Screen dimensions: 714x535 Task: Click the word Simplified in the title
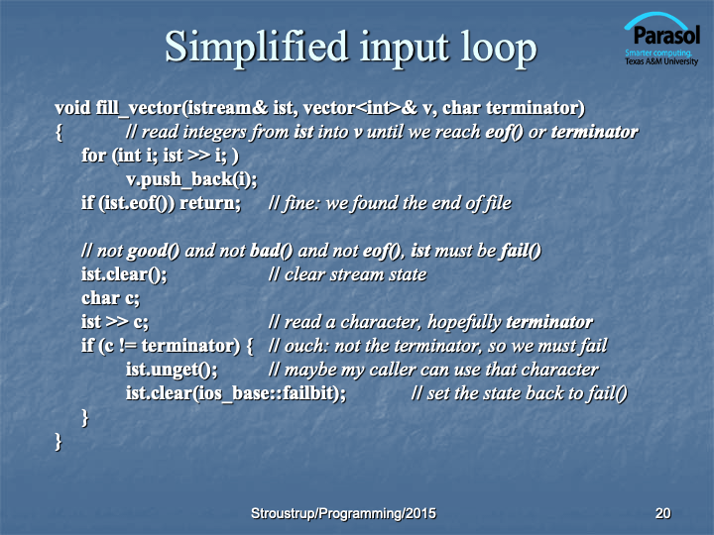(x=256, y=47)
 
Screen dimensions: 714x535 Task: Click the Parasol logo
(x=661, y=39)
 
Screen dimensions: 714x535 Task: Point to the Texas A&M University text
(x=661, y=61)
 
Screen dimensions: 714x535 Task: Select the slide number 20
(x=662, y=513)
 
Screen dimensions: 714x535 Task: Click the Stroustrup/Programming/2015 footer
(x=343, y=513)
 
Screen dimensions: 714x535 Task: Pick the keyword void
(x=72, y=108)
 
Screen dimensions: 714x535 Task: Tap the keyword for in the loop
(x=94, y=156)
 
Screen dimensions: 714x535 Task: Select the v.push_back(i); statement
(x=191, y=179)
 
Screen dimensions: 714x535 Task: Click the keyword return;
(x=210, y=203)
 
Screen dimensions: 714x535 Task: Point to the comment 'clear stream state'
(x=356, y=274)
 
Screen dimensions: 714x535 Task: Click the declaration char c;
(x=111, y=298)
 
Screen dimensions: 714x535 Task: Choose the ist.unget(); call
(x=172, y=370)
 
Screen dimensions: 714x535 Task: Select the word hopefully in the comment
(x=464, y=322)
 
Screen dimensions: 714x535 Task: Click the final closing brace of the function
(x=58, y=441)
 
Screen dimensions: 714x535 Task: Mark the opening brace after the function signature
(x=59, y=133)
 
